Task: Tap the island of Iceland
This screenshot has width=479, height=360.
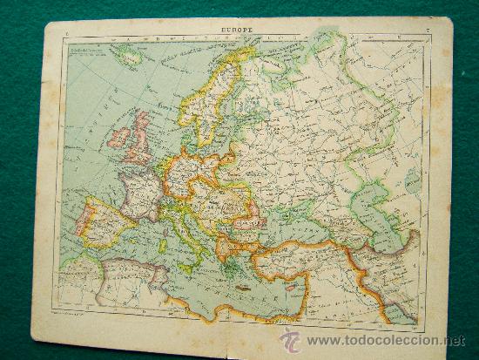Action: [x=130, y=58]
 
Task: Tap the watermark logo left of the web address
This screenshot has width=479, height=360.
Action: [x=290, y=340]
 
